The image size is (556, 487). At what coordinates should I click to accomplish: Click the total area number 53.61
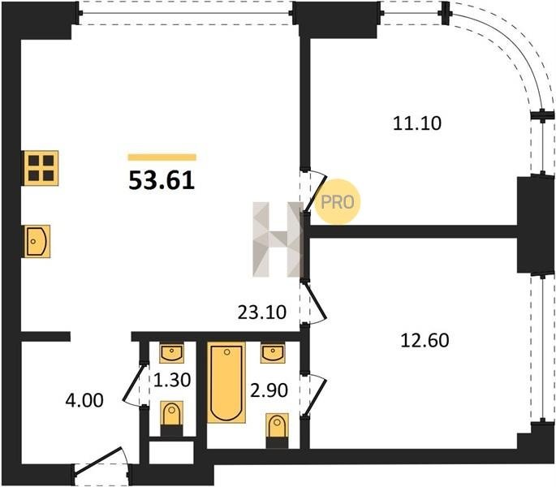tap(162, 180)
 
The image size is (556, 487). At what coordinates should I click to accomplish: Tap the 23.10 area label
tap(261, 312)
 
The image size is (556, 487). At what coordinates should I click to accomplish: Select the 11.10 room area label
tap(417, 123)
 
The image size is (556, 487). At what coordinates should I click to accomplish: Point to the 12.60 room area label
tap(425, 340)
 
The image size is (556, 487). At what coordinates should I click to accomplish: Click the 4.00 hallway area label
tap(84, 400)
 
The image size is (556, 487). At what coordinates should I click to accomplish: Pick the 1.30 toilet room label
tap(172, 380)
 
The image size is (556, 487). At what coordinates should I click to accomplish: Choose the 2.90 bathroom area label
tap(269, 390)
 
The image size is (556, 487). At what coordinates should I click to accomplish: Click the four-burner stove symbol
tap(41, 168)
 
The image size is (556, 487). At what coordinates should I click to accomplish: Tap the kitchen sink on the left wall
tap(37, 241)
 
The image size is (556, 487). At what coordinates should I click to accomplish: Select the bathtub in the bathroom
tap(226, 382)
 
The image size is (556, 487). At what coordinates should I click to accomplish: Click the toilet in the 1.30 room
tap(172, 419)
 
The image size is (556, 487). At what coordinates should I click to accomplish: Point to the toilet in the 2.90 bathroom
tap(277, 431)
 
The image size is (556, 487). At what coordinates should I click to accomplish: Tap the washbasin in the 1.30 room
tap(172, 353)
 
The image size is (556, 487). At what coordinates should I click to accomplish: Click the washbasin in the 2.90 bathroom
tap(273, 353)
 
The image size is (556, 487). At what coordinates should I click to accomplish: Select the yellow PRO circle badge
tap(337, 202)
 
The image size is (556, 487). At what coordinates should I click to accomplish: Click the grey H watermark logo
tap(278, 239)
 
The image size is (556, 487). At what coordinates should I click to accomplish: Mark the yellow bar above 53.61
tap(162, 157)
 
